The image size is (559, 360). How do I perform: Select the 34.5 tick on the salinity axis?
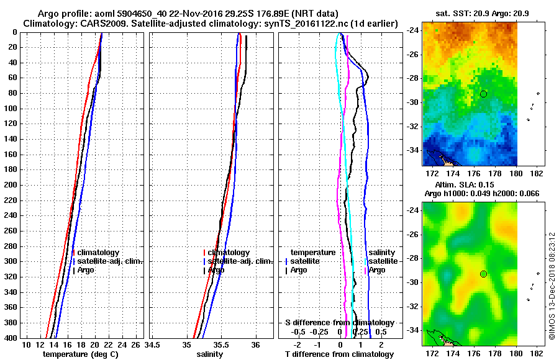click(153, 344)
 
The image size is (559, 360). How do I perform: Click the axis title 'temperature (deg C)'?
click(80, 354)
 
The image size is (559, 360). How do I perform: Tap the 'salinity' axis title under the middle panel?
click(211, 354)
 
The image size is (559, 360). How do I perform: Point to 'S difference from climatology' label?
click(339, 323)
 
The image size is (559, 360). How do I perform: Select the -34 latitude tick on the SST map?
click(413, 150)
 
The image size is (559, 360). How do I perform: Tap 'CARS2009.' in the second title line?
click(91, 23)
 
